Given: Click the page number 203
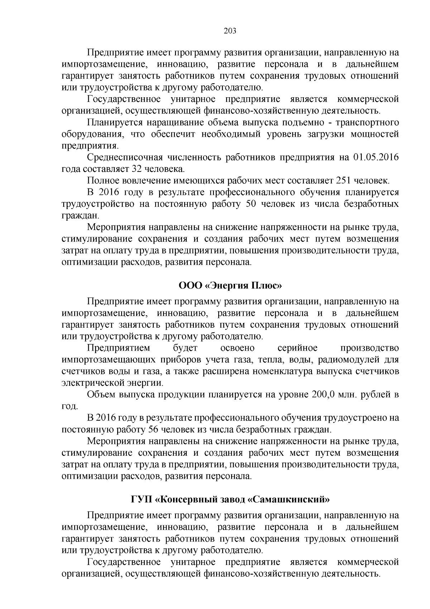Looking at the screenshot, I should (230, 31).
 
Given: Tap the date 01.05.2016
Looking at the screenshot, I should (376, 158).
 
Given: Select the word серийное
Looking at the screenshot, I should (297, 348).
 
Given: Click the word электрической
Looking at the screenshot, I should (88, 383).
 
